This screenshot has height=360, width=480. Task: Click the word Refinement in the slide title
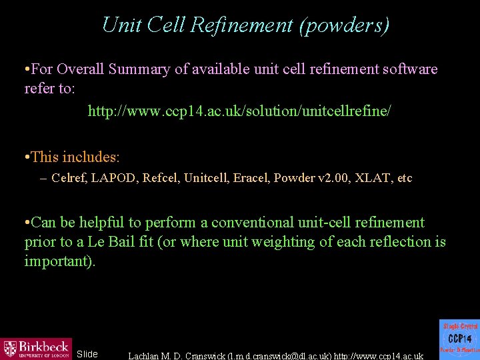click(x=242, y=25)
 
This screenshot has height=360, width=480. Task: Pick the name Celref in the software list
click(x=67, y=178)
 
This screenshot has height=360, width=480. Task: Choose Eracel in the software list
click(x=250, y=178)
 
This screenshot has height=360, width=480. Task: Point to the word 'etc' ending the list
click(x=404, y=178)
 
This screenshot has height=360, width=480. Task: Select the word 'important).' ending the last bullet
click(x=60, y=261)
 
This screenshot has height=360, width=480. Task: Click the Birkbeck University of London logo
click(x=36, y=347)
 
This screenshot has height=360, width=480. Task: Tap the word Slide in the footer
click(x=87, y=354)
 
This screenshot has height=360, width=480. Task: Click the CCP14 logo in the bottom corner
click(x=459, y=339)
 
